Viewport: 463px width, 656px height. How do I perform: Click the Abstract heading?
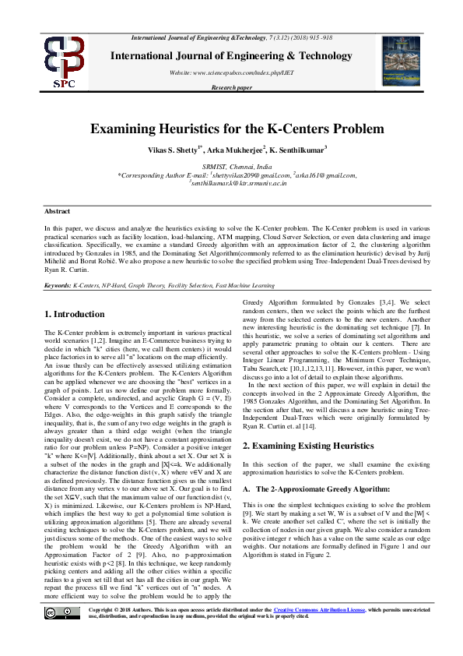pos(57,211)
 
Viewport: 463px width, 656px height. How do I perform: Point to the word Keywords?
pos(58,286)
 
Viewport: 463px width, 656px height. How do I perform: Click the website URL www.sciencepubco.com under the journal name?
pos(231,72)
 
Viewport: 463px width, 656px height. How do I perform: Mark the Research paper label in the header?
pos(231,88)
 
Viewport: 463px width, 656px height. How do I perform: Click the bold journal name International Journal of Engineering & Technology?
pos(231,56)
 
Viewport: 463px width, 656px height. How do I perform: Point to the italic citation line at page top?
pos(231,37)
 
